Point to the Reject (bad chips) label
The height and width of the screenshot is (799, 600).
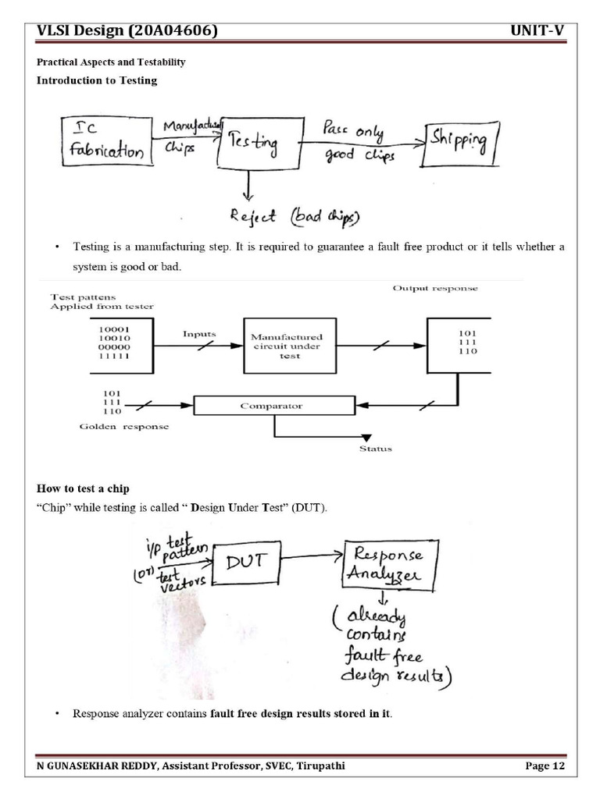294,215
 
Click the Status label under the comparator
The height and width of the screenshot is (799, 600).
376,449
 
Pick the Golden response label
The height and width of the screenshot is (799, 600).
124,427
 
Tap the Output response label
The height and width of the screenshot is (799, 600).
435,289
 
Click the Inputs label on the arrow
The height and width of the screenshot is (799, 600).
199,333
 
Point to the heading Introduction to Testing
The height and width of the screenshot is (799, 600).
97,80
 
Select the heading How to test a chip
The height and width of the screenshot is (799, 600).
83,488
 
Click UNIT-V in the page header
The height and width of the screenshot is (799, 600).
537,31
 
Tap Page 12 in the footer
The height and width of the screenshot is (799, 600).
545,766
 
